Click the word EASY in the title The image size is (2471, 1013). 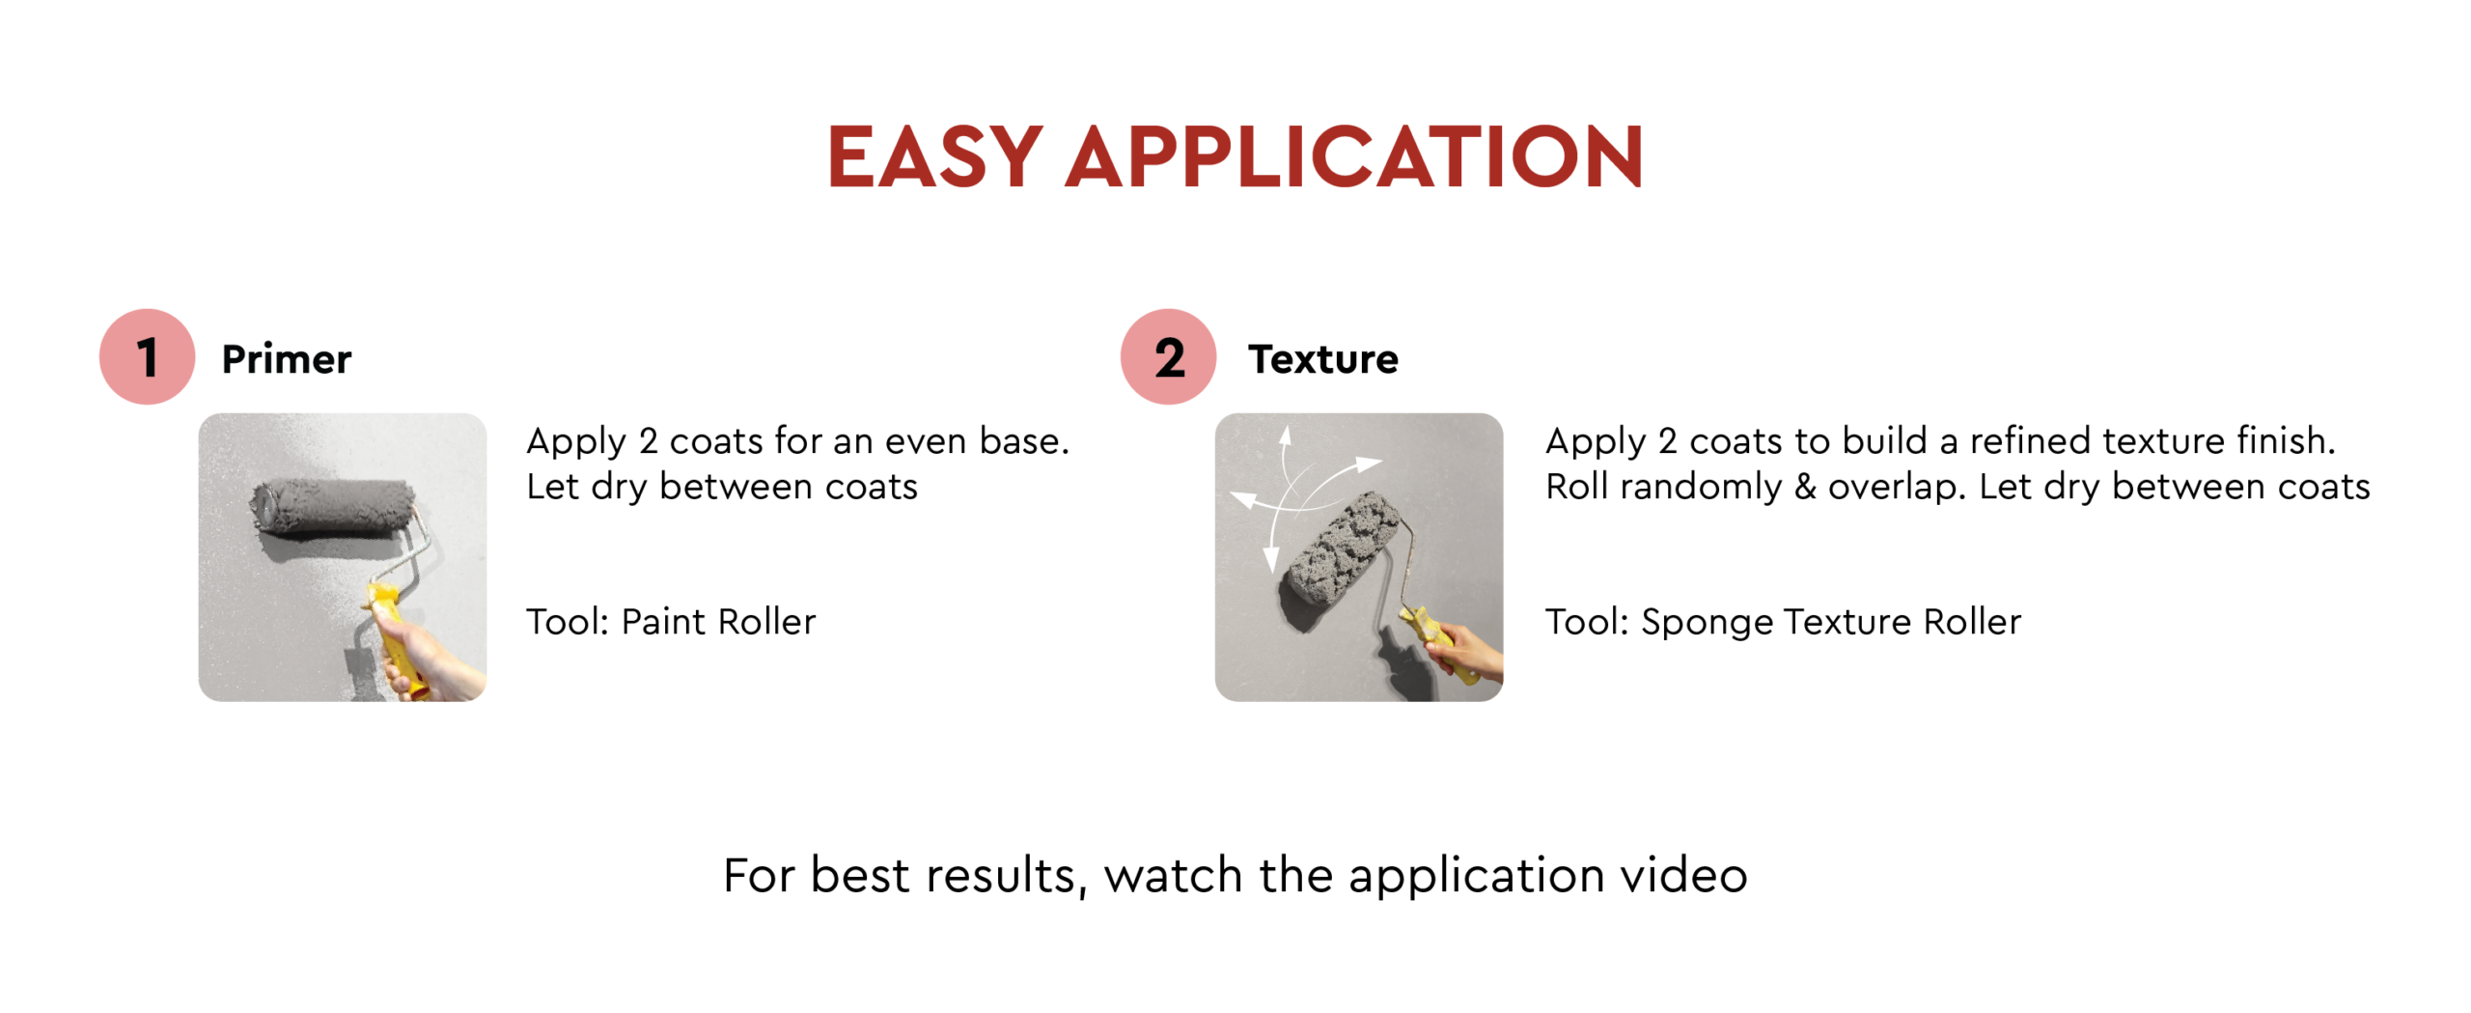[x=933, y=156]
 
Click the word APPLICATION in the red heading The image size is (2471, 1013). [x=1354, y=156]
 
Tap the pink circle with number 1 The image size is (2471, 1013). [x=147, y=356]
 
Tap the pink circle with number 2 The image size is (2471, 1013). [x=1168, y=356]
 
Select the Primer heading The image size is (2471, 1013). [x=287, y=359]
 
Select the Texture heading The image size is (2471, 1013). [x=1323, y=359]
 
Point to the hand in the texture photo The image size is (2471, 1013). [x=1469, y=652]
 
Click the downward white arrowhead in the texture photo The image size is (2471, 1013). [x=1271, y=559]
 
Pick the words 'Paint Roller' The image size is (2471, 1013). [x=718, y=622]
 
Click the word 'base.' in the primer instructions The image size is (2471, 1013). [x=1024, y=441]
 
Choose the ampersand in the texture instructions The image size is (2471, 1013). [x=1805, y=487]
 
